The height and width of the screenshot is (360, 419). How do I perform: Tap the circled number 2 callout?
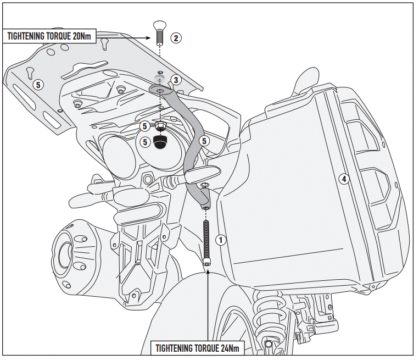(x=176, y=38)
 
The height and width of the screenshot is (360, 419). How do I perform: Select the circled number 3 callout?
(x=175, y=80)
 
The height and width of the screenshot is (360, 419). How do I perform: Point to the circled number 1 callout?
(x=221, y=240)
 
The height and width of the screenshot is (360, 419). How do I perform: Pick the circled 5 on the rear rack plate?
(x=37, y=84)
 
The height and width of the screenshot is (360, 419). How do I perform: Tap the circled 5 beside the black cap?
(x=145, y=142)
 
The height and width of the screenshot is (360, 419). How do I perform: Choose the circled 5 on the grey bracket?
(x=204, y=141)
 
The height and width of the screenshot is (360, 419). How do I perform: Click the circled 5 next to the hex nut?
(x=145, y=126)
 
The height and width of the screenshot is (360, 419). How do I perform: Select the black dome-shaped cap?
(x=160, y=142)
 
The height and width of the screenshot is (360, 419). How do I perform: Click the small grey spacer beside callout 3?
(x=160, y=79)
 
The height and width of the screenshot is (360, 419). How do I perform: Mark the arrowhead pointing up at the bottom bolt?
(x=208, y=271)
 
